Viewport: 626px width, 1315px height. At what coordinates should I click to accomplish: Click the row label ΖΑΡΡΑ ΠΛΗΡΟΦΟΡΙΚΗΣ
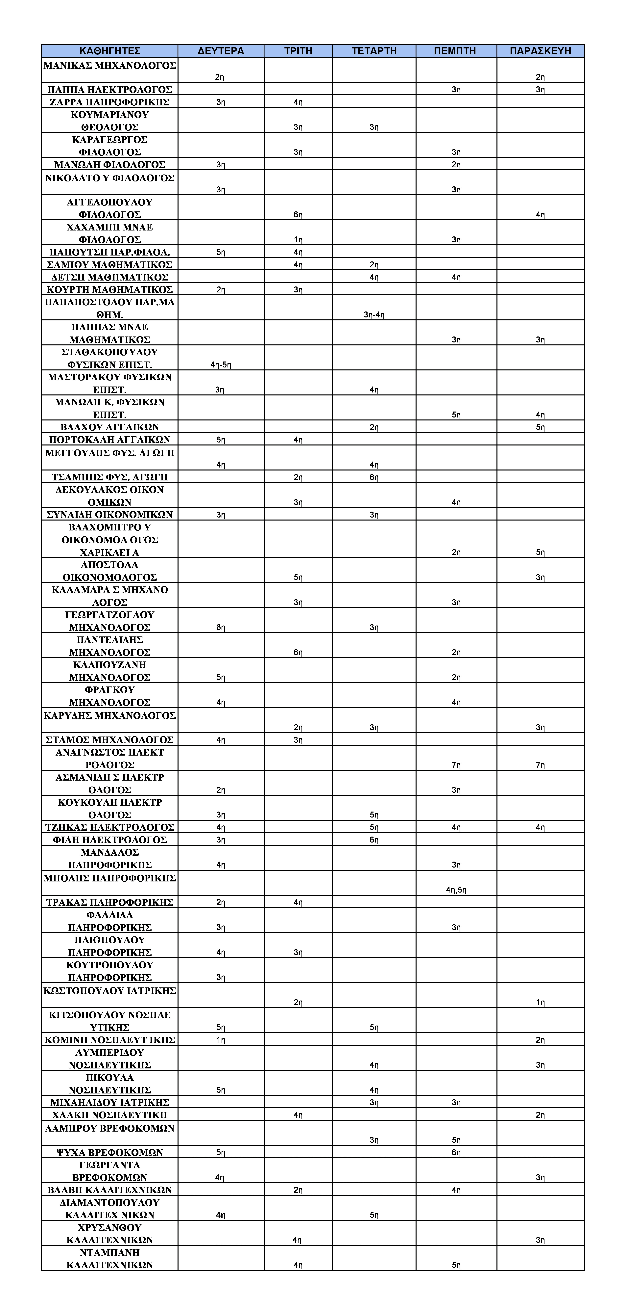(x=110, y=102)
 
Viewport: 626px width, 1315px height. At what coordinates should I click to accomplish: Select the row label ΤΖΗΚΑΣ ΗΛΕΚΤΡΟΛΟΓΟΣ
(x=110, y=827)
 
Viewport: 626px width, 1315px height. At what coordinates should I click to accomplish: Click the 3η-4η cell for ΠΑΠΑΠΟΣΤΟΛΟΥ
(x=374, y=314)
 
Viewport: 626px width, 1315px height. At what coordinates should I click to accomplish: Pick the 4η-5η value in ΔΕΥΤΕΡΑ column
(x=220, y=364)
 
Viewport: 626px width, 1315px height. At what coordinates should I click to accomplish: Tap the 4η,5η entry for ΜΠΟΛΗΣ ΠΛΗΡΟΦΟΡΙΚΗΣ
(x=456, y=890)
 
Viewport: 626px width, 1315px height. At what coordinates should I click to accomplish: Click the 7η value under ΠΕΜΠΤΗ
(x=456, y=765)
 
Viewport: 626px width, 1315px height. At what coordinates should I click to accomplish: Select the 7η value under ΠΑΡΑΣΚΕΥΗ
(x=540, y=765)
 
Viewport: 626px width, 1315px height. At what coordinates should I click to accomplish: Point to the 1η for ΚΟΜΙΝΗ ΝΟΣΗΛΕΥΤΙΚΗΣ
(x=220, y=1040)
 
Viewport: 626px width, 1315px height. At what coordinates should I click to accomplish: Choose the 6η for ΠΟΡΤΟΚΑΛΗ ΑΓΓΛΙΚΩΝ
(x=220, y=440)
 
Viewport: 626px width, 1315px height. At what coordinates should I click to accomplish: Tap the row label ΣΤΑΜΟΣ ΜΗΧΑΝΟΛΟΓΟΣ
(x=110, y=740)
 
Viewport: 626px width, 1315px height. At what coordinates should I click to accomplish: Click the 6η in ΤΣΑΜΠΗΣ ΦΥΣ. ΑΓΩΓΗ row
(x=374, y=477)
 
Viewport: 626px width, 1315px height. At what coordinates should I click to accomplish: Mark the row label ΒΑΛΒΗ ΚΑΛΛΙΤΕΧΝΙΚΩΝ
(x=110, y=1190)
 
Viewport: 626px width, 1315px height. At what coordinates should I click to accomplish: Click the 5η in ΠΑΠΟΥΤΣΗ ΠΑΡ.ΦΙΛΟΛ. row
(x=220, y=252)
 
